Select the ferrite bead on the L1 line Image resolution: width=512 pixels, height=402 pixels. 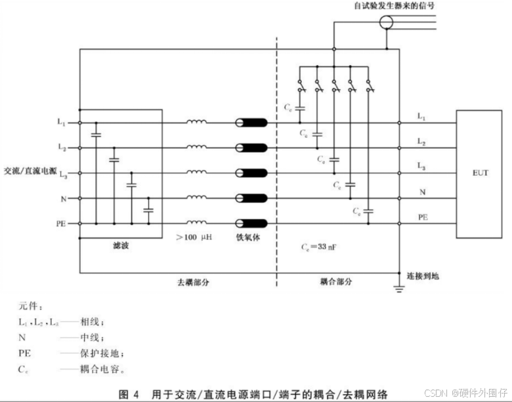pos(252,122)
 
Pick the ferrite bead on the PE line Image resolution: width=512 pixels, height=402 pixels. pos(252,223)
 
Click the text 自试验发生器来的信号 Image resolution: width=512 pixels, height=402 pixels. pos(393,6)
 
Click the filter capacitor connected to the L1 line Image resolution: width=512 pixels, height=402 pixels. pos(96,134)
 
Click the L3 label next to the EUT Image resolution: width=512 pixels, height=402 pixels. pos(421,168)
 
